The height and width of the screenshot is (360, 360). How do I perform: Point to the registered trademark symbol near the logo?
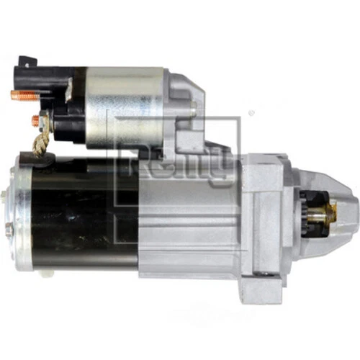tap(250, 114)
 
